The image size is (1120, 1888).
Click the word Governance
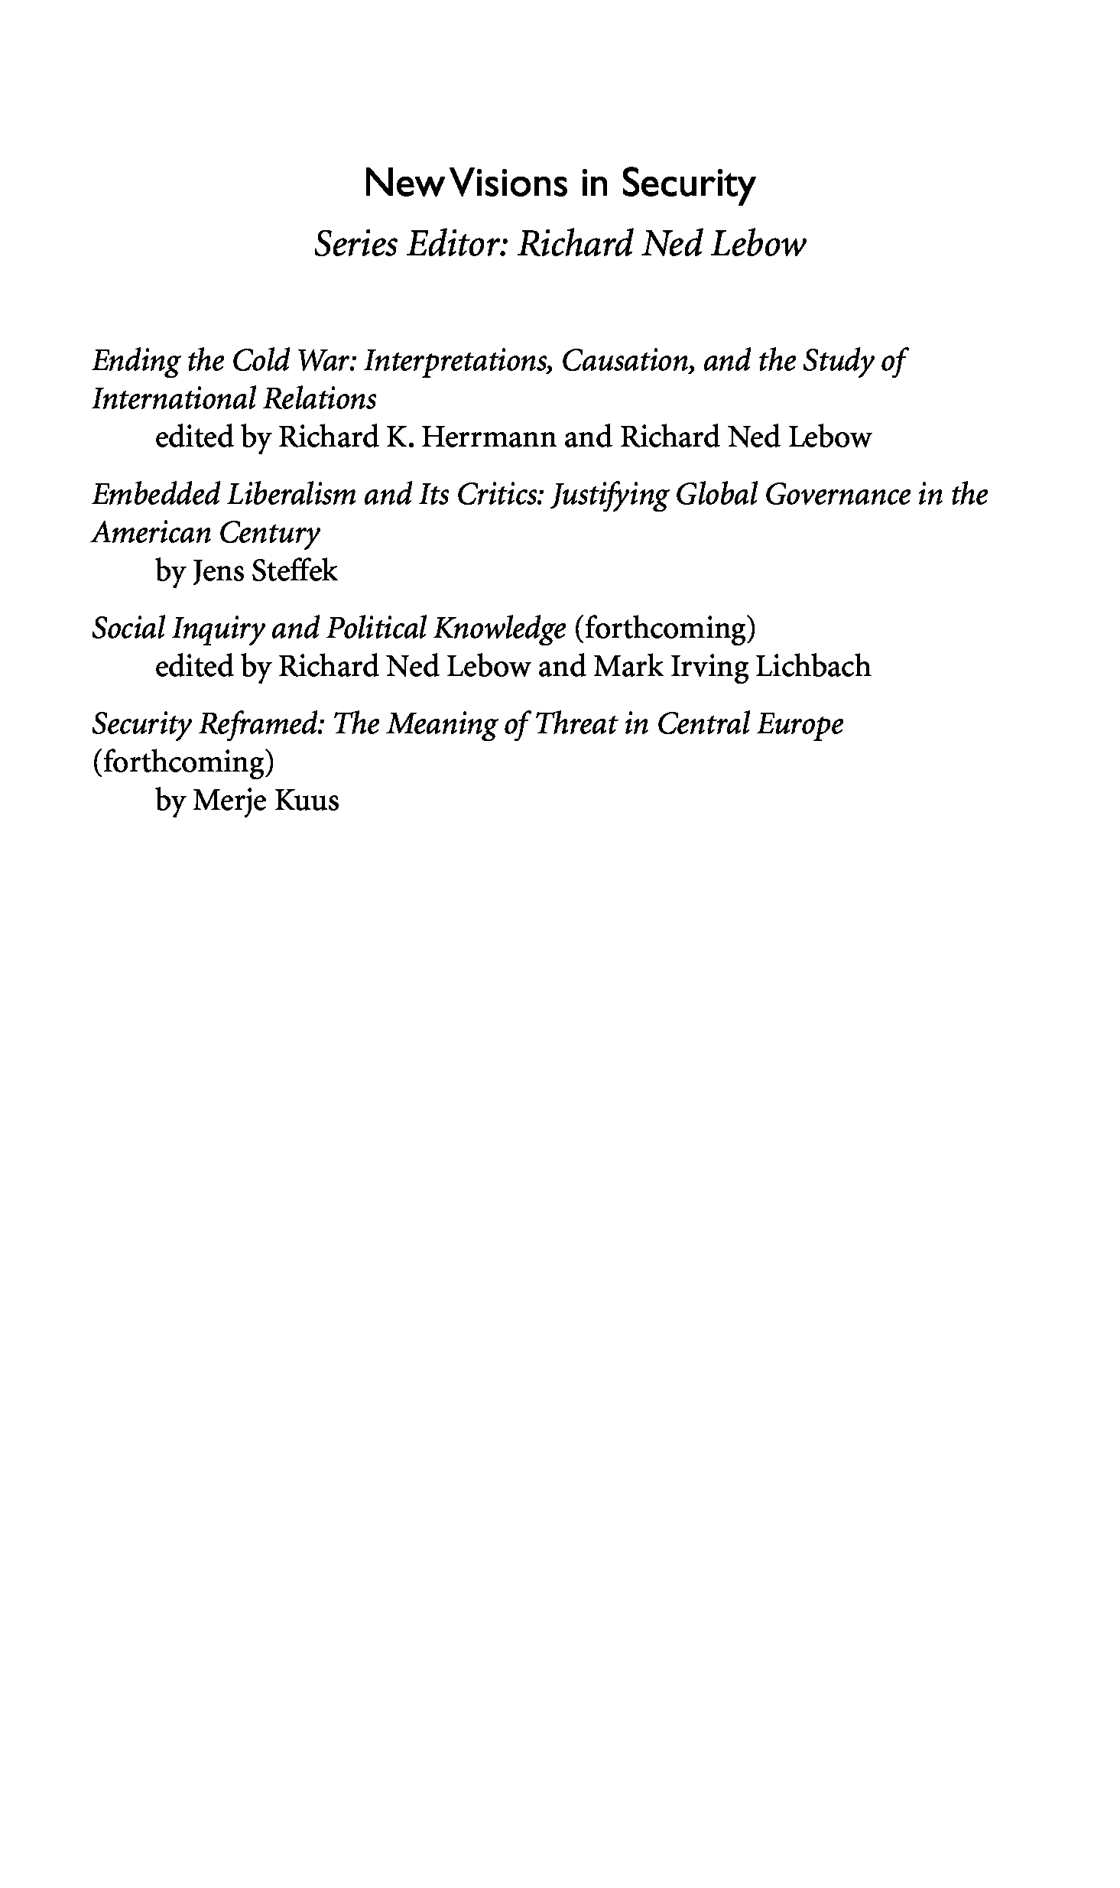[838, 495]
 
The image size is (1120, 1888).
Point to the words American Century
[206, 533]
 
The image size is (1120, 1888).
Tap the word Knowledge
[500, 629]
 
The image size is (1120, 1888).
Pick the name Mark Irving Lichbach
[732, 667]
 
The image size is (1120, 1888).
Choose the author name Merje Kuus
[266, 801]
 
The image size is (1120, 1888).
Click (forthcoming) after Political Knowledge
[664, 629]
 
